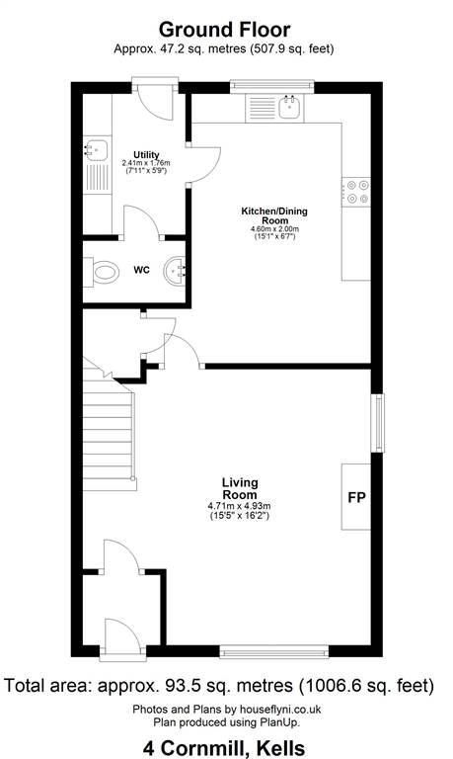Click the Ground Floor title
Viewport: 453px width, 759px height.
224,30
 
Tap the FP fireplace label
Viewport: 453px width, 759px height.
357,497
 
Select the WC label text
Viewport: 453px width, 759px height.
142,270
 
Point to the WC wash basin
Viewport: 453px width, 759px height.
175,271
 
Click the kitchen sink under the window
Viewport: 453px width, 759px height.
290,107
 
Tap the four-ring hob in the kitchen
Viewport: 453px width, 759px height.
356,192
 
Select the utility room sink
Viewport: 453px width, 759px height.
96,149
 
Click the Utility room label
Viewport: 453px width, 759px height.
146,154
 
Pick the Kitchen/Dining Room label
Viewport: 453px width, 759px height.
274,215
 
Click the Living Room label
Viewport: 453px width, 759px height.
240,488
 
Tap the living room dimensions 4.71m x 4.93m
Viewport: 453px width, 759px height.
239,506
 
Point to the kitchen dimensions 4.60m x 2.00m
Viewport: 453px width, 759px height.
274,228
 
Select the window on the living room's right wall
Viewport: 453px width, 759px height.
378,423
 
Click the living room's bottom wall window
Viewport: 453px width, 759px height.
274,651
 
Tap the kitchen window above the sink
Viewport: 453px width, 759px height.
271,86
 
